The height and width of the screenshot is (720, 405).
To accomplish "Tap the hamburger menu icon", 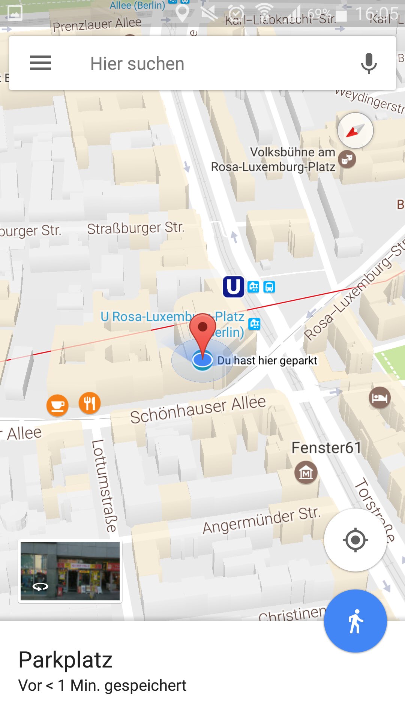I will (x=40, y=63).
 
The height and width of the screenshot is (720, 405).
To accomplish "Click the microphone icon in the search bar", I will (x=369, y=63).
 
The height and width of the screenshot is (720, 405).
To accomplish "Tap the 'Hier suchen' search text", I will (x=137, y=64).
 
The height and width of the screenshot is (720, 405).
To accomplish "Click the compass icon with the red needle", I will (x=355, y=130).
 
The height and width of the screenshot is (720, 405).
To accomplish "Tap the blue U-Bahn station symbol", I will (x=233, y=287).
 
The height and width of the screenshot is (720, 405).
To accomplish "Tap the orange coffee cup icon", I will (x=57, y=405).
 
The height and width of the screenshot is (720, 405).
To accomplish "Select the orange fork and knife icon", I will (x=90, y=403).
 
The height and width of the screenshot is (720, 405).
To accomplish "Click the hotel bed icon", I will (x=379, y=397).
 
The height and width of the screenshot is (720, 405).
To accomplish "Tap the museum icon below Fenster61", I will (x=306, y=472).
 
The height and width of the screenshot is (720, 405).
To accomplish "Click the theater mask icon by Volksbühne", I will (x=347, y=159).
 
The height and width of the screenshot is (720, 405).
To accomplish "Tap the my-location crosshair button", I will (x=355, y=540).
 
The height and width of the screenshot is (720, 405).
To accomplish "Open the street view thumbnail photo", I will (x=70, y=571).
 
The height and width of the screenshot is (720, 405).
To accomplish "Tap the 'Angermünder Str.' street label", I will (x=262, y=520).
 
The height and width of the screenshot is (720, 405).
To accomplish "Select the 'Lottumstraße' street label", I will (x=104, y=486).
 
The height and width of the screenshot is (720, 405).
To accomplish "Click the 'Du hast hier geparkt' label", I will (x=267, y=361).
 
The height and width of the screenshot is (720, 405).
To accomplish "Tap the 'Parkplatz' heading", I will (x=66, y=660).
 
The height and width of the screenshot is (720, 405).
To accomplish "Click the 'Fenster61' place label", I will (x=326, y=448).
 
